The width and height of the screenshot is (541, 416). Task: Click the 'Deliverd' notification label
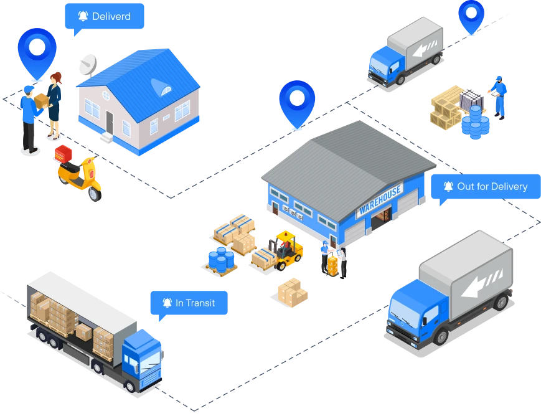[x=104, y=16]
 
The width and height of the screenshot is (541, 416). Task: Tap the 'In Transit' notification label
[x=189, y=303]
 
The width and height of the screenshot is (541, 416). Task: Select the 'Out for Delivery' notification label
[x=485, y=186]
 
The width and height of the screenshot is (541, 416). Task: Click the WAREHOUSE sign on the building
[x=380, y=200]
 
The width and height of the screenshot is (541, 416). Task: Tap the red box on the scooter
[x=64, y=154]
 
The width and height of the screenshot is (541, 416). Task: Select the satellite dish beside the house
[x=86, y=64]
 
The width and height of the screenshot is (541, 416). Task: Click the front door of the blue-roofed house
[x=110, y=121]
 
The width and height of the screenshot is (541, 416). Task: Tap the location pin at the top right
[x=471, y=15]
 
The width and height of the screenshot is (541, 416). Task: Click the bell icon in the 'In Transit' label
[x=167, y=303]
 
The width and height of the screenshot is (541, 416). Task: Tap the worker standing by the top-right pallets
[x=499, y=96]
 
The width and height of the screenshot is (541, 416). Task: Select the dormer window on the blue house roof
[x=166, y=90]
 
